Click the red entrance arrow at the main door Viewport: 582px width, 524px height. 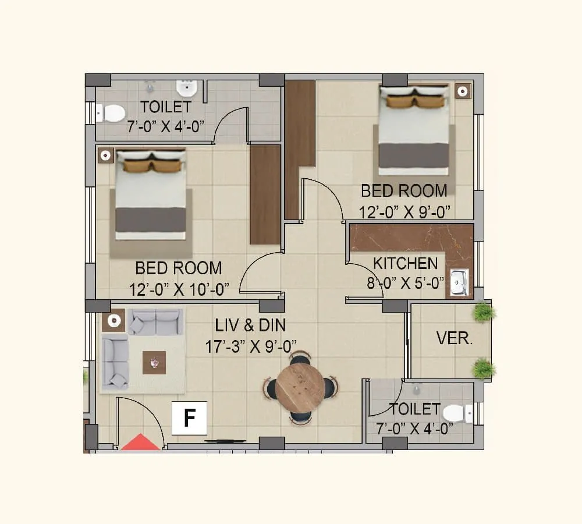pos(140,443)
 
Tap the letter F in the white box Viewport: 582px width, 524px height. pos(189,418)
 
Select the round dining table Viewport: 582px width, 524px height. pos(300,387)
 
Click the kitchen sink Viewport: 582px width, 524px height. pos(460,283)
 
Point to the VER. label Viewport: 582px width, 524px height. pos(454,338)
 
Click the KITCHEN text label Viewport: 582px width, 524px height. pos(405,264)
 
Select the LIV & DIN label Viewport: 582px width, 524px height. pos(251,325)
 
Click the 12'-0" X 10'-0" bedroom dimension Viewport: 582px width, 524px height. pos(179,289)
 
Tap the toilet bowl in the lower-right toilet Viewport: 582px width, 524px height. pos(457,414)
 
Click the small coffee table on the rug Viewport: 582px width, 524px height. pos(154,363)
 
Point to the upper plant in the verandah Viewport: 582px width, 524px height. pos(484,312)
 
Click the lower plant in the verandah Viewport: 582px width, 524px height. pos(484,369)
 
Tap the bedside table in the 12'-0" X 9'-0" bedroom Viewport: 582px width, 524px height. pos(463,91)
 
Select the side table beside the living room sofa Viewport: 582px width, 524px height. pos(113,320)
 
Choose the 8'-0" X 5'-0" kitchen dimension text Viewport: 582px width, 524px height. pos(405,283)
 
